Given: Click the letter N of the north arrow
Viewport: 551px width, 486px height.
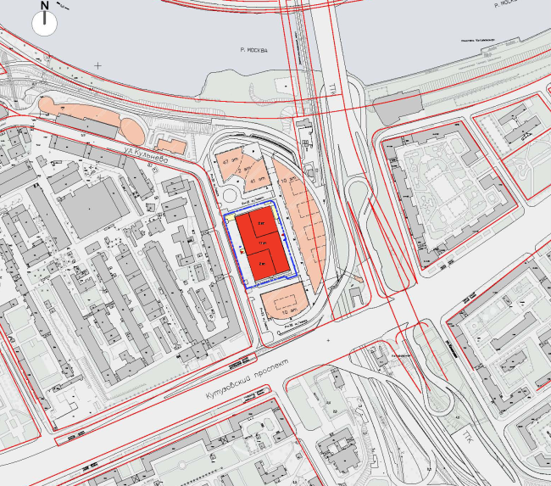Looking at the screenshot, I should click(45, 6).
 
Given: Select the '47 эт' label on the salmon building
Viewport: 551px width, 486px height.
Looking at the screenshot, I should click(226, 161).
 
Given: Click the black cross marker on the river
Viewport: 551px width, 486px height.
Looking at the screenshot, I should click(98, 65).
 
